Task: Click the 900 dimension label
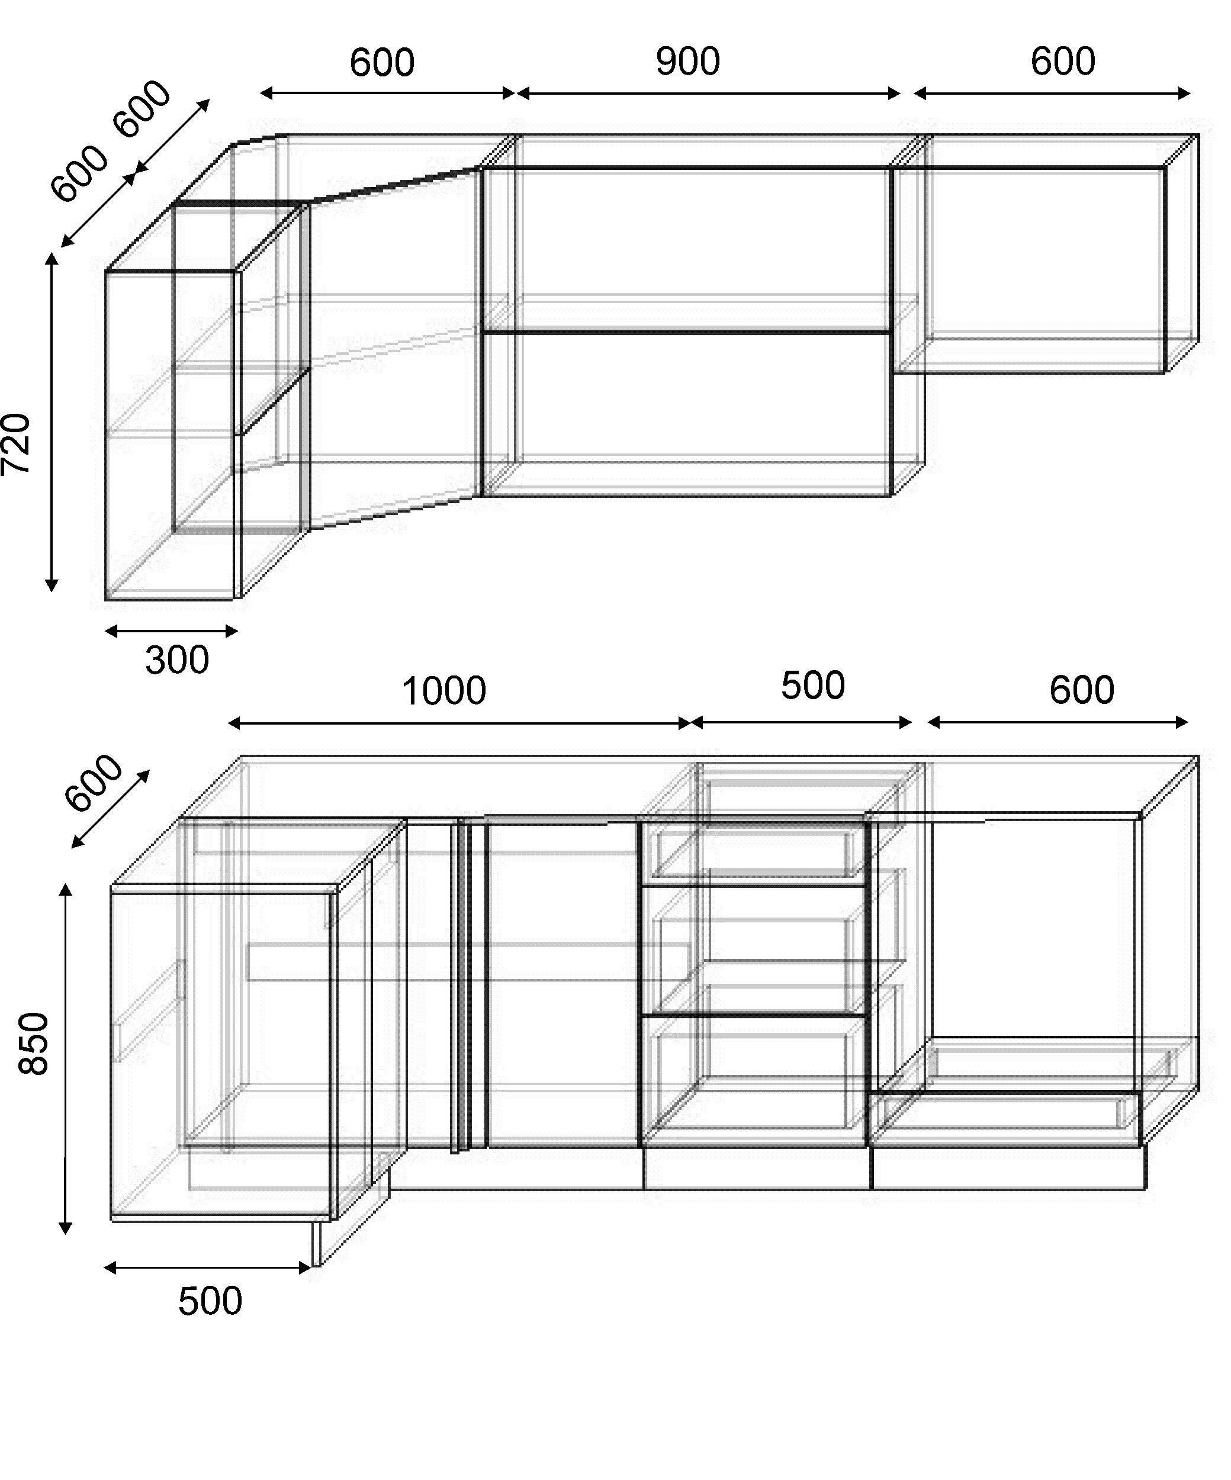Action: [687, 62]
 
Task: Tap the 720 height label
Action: [16, 444]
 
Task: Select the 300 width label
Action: [177, 660]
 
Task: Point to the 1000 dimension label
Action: [443, 691]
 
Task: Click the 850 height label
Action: [33, 1044]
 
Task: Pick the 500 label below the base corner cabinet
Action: [210, 1301]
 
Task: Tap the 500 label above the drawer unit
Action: [812, 686]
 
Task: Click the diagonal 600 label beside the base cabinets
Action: [93, 782]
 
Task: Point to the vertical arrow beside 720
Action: [51, 422]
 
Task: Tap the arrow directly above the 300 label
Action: [171, 630]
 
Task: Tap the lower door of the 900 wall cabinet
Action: [687, 414]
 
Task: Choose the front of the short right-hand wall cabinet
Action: [1029, 270]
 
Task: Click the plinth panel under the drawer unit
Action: [758, 1169]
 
